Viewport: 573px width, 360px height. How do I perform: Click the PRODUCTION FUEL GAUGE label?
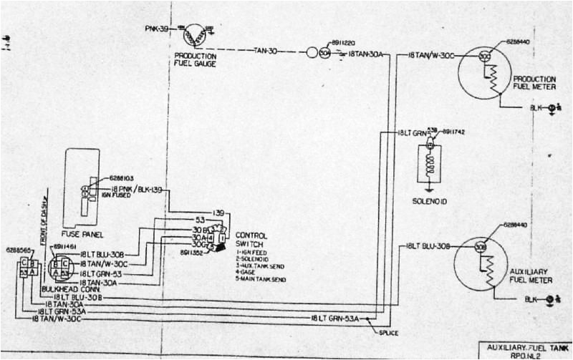195,59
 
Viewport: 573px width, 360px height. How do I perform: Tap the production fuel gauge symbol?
195,32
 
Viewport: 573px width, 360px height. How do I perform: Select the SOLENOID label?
429,203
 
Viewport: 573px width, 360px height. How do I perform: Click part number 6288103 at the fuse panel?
124,177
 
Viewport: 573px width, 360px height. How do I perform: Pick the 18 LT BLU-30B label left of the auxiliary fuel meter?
428,246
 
